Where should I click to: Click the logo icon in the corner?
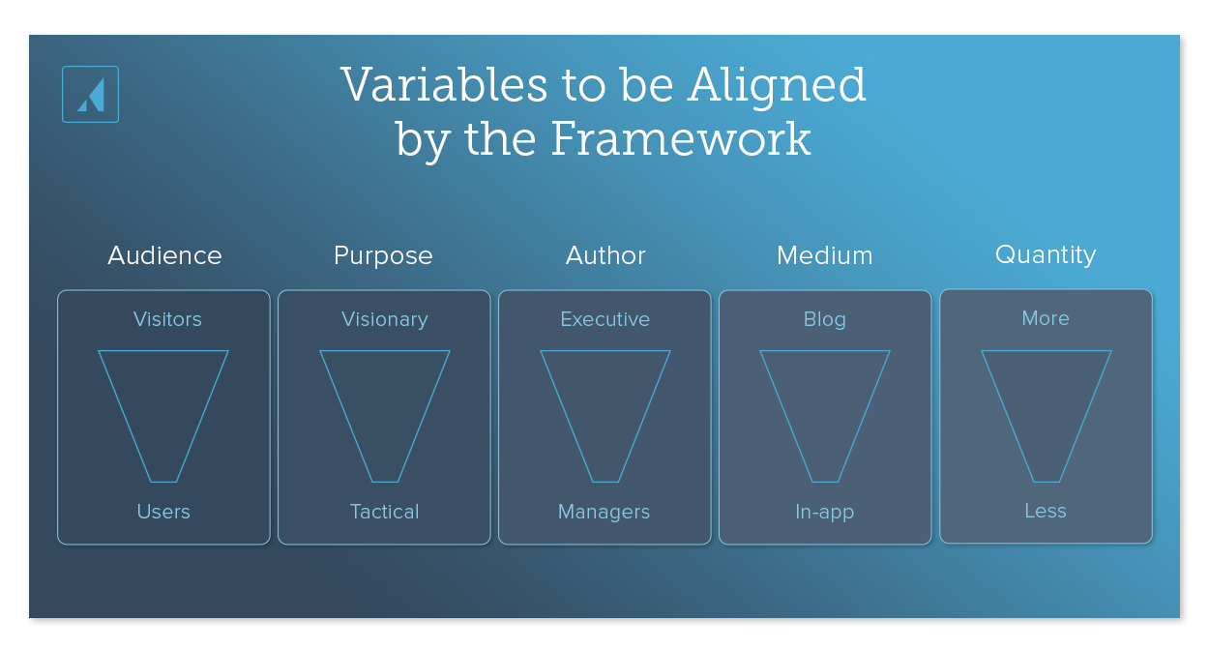coord(90,94)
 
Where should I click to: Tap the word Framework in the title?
coord(680,139)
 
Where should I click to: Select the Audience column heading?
coord(164,255)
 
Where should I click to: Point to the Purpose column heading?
coord(383,255)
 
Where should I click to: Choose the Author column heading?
coord(605,255)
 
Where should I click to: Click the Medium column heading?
coord(824,255)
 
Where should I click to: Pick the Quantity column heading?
coord(1046,254)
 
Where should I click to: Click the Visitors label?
coord(167,319)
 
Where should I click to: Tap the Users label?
coord(163,512)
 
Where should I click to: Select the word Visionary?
coord(384,319)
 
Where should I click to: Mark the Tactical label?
coord(384,512)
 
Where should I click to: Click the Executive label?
coord(605,319)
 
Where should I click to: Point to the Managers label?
coord(604,512)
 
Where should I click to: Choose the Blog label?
coord(825,319)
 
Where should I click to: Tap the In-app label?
coord(824,512)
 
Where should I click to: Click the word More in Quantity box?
coord(1046,318)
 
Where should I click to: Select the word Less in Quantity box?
coord(1046,511)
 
